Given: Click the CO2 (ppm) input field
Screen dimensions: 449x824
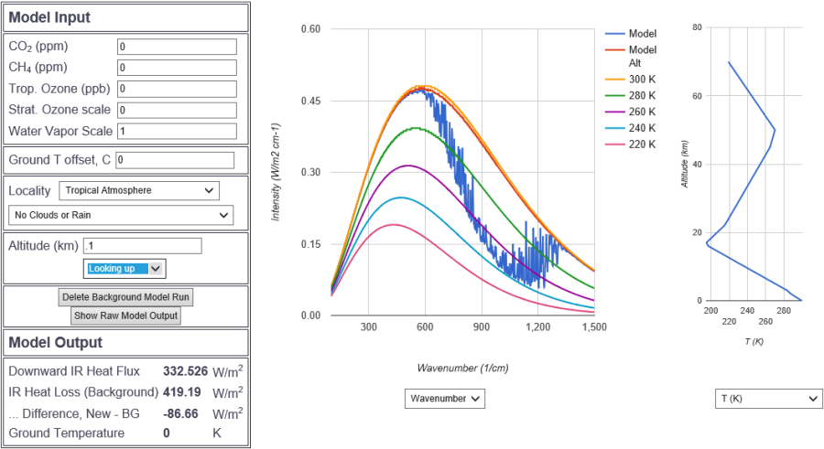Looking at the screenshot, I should point(177,47).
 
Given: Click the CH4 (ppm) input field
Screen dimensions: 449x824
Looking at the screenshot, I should point(177,68).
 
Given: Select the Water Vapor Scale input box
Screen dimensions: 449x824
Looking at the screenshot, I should point(177,131).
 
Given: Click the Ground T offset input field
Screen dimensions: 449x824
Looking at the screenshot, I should point(175,160).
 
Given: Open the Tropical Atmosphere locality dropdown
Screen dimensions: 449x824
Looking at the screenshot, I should point(139,190).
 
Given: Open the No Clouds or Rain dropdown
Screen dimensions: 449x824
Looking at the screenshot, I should point(120,215).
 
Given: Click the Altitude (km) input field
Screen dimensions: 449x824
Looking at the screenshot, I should point(142,246).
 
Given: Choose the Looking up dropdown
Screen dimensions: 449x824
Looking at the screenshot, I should point(125,268).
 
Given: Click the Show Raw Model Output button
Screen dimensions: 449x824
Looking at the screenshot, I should point(125,315).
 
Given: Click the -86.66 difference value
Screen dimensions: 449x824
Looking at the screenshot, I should point(185,412).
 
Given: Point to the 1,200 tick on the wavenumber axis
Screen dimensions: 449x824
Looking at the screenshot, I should point(537,326).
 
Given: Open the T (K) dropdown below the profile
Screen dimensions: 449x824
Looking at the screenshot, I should point(768,399).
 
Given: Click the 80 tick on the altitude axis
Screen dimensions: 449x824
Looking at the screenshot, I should point(697,27).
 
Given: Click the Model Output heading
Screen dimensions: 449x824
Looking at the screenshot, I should point(56,342).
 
